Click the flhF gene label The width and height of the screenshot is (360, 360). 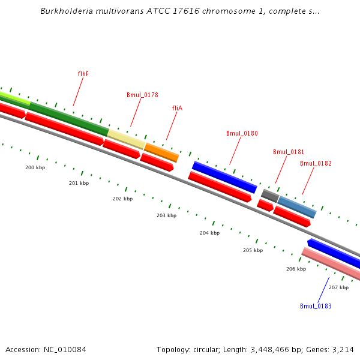tap(83, 74)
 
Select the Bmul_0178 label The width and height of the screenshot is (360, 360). tap(142, 95)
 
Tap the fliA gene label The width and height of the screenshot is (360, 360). tap(177, 108)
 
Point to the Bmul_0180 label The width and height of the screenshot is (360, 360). tap(242, 133)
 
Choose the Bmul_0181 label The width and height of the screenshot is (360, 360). tap(289, 152)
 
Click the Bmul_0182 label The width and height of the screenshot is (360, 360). tap(316, 163)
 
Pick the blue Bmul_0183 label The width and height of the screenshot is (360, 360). tap(316, 306)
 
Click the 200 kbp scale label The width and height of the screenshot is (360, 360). tap(35, 167)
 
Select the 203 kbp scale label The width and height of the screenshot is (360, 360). tap(166, 215)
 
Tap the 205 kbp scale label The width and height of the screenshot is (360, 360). tap(253, 250)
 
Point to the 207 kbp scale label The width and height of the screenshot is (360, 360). tap(338, 287)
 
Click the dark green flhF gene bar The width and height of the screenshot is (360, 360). tap(69, 118)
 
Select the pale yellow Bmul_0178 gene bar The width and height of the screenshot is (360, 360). tap(126, 139)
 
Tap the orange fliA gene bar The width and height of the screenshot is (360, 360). tap(161, 152)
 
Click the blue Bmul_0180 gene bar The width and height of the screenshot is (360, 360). tap(224, 177)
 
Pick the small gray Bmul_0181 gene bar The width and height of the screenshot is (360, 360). tap(270, 195)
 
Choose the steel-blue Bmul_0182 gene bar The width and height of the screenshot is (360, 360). tap(296, 207)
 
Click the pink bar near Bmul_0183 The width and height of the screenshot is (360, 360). tap(330, 265)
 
